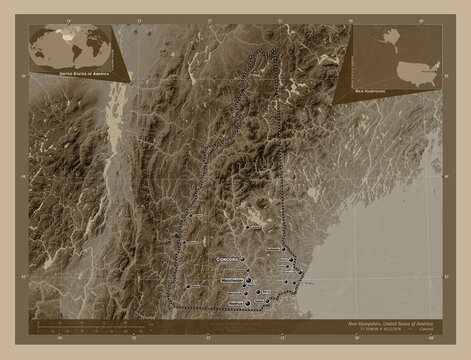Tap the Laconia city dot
pos(251,227)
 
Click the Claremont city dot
pos(180,241)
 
